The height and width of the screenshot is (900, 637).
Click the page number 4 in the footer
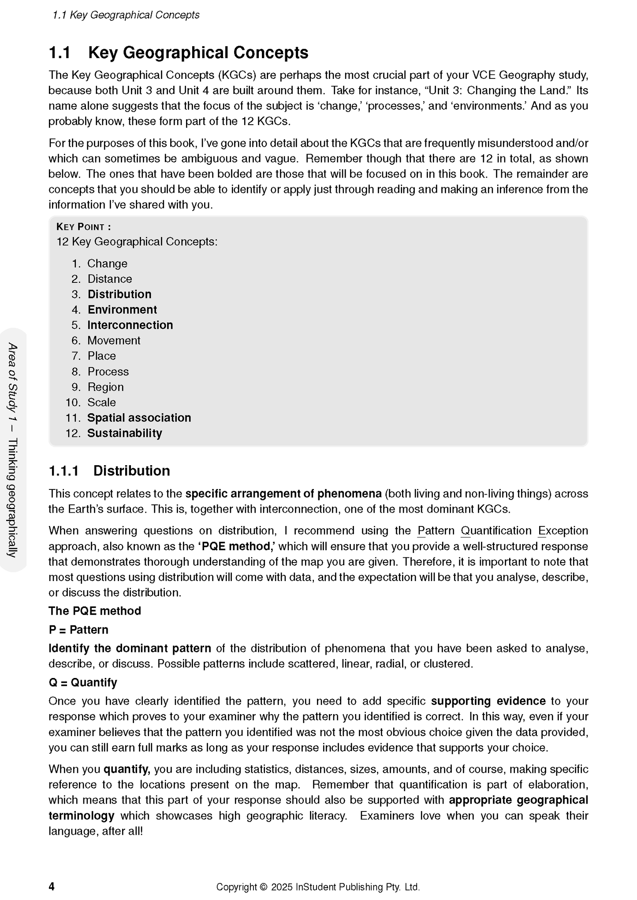52,886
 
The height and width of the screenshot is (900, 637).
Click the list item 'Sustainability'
124,433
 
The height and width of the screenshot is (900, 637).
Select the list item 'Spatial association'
139,418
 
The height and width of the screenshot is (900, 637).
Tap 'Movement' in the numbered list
114,341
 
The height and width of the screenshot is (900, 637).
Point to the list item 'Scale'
101,402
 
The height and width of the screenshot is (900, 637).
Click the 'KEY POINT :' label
84,227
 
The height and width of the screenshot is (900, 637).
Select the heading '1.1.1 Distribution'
109,470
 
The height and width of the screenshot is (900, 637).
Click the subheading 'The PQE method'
95,611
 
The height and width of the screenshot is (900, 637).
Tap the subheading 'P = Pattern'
78,630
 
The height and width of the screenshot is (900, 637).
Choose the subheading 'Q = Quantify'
83,682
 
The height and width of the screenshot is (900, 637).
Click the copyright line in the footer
318,887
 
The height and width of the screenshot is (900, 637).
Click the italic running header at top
126,15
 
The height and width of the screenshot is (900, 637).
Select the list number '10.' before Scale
73,402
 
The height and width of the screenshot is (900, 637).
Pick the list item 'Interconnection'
130,325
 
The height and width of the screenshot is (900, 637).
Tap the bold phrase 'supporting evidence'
488,701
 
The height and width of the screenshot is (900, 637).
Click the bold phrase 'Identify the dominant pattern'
130,648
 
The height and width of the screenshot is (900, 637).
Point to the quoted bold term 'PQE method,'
237,546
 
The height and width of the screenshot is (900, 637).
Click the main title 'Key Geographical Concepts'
198,52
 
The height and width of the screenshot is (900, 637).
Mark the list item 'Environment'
122,310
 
